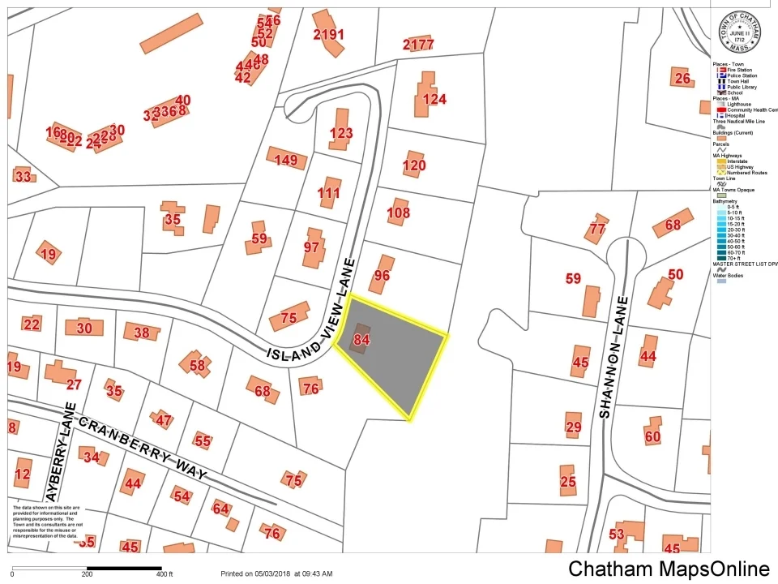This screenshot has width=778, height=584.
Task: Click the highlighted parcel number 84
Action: pyautogui.click(x=362, y=341)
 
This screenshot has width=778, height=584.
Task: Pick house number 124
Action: pyautogui.click(x=434, y=100)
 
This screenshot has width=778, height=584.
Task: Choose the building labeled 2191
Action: pyautogui.click(x=328, y=34)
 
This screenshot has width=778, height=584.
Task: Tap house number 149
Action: pyautogui.click(x=286, y=160)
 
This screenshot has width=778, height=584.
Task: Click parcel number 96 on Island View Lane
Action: pyautogui.click(x=381, y=276)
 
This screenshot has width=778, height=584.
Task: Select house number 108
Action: pyautogui.click(x=399, y=214)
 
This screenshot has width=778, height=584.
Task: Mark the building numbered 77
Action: pyautogui.click(x=597, y=229)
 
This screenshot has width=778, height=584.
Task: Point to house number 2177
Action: pyautogui.click(x=418, y=44)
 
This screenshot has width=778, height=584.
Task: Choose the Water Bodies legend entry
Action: pyautogui.click(x=730, y=276)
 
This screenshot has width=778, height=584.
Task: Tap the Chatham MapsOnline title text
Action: pyautogui.click(x=669, y=569)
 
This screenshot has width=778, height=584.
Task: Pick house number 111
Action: pyautogui.click(x=329, y=193)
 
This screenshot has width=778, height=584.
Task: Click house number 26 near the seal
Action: pyautogui.click(x=682, y=78)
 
